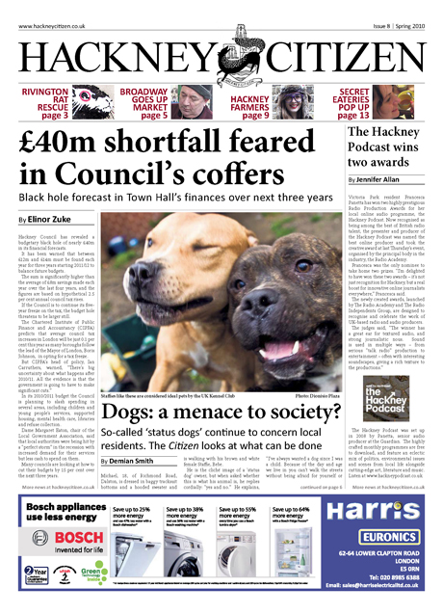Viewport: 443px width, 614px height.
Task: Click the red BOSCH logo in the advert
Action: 48,560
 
